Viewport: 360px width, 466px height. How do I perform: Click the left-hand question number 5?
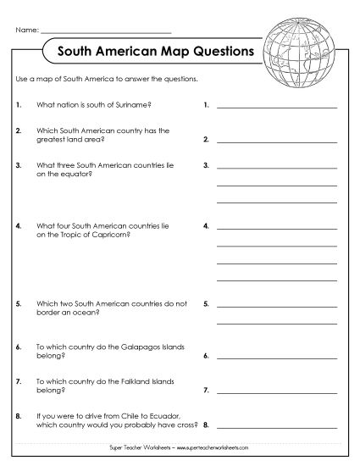(x=18, y=302)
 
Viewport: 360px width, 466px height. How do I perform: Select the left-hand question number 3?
(x=18, y=165)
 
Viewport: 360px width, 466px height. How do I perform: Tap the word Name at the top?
(x=26, y=31)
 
